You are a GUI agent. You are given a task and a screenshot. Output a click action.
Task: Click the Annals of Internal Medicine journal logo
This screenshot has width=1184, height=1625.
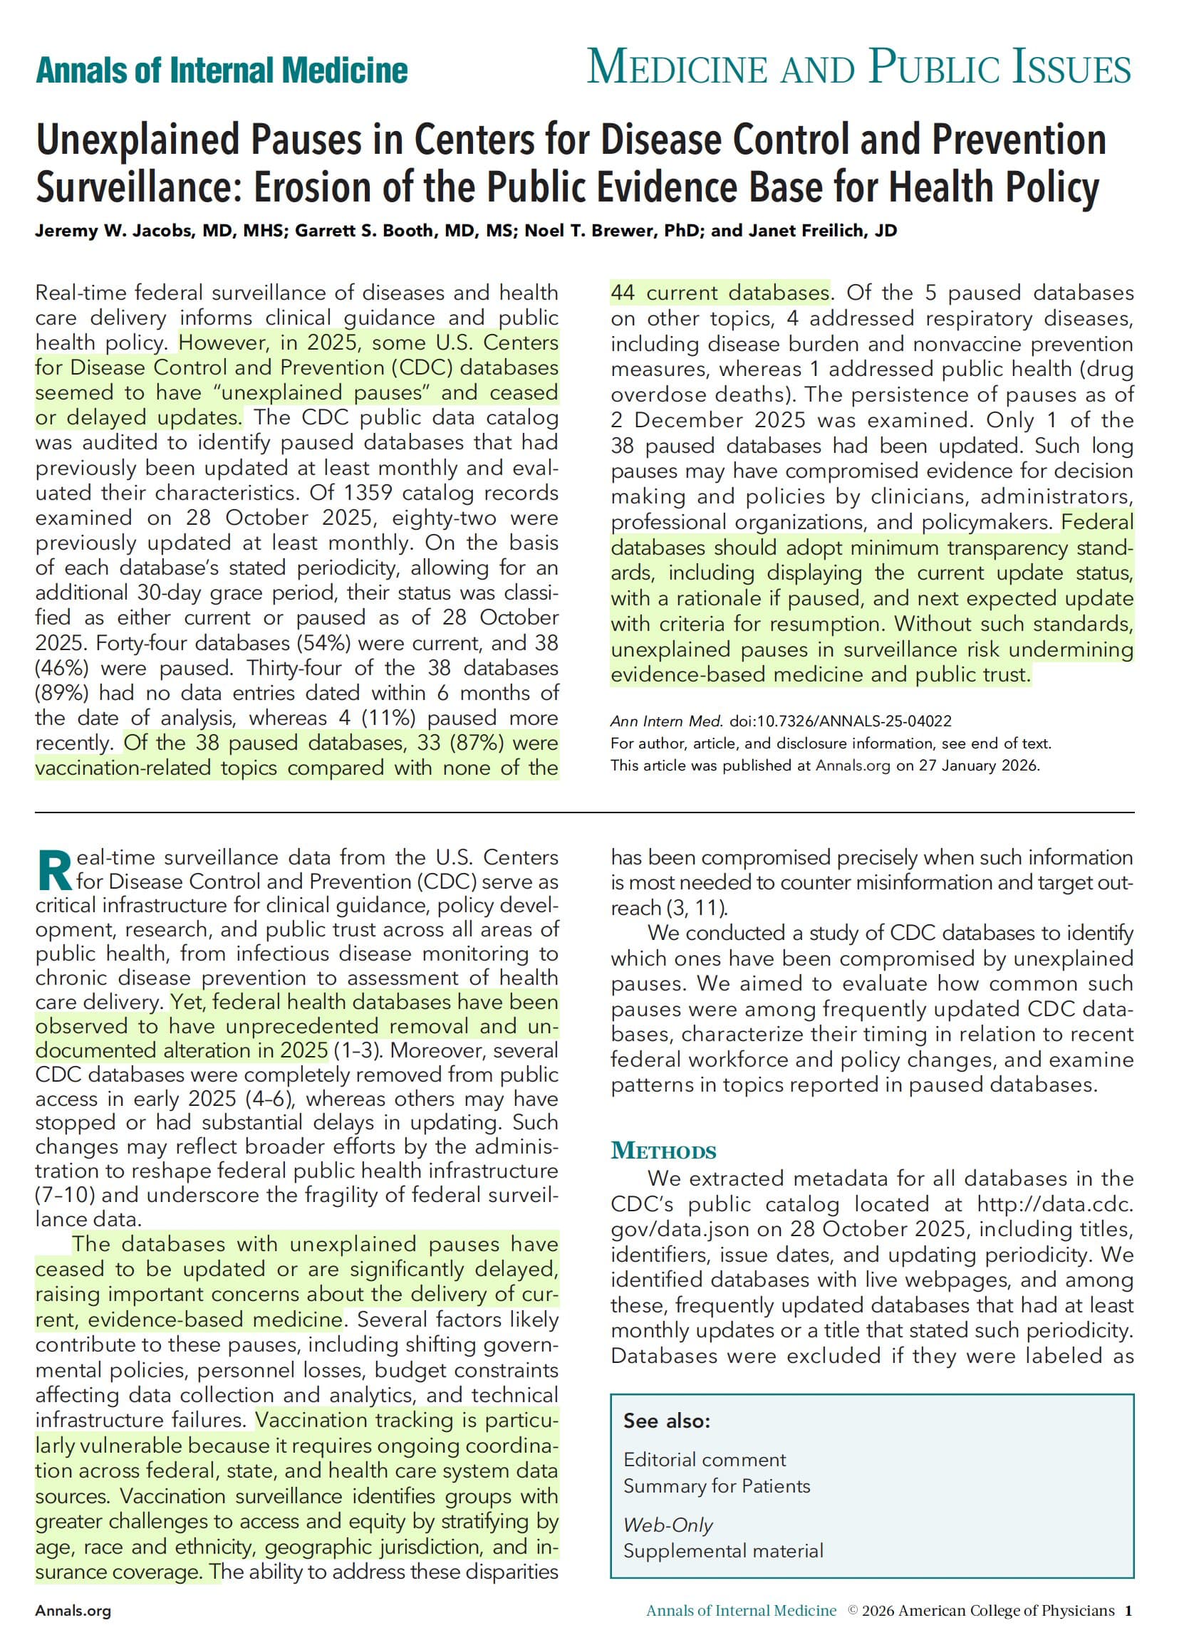[222, 71]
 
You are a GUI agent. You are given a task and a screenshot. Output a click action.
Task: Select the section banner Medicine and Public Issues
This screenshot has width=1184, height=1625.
[858, 69]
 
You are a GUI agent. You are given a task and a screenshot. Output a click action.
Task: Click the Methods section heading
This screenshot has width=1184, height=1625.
[663, 1151]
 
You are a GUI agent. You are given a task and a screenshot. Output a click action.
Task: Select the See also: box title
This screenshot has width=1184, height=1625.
[667, 1421]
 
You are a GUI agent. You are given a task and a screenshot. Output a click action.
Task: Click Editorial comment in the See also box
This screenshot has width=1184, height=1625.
[705, 1460]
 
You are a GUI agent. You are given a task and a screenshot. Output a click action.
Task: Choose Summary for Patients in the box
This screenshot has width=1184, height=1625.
[717, 1486]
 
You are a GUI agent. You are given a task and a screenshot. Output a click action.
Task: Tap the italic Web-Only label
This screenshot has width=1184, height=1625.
[668, 1525]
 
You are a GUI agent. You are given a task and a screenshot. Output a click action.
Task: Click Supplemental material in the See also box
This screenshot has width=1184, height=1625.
[723, 1551]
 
